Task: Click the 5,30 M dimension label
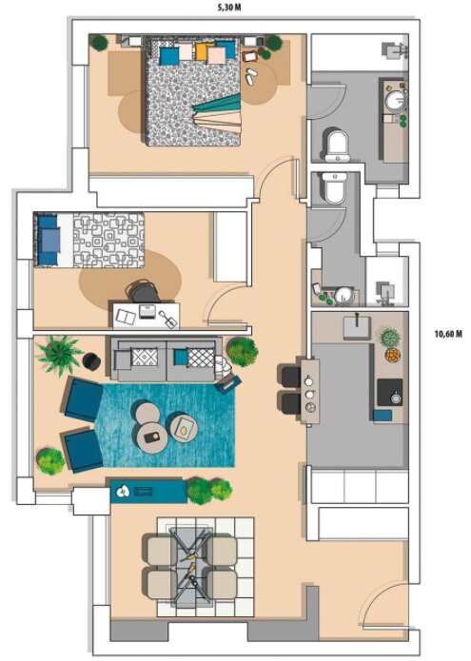229,8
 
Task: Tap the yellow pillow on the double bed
203,51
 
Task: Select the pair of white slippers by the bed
251,77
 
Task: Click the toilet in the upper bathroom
337,146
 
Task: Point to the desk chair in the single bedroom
144,292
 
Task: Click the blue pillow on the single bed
48,241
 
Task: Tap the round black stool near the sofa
91,361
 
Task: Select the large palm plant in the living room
60,354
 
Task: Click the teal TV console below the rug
148,491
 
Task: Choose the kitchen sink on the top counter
357,327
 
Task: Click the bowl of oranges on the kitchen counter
393,355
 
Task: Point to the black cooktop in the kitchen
389,393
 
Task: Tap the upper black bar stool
289,377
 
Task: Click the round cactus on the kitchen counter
390,338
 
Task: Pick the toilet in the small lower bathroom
336,187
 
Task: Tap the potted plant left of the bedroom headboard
100,43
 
